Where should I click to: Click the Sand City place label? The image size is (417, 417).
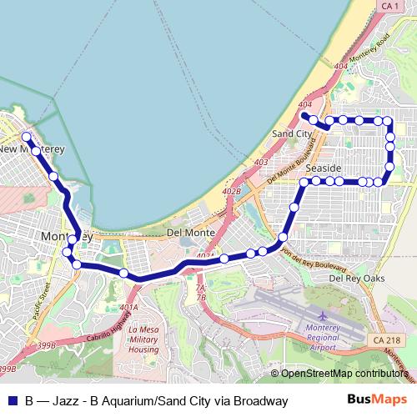pos(293,133)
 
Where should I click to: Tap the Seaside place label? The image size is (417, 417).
pos(323,168)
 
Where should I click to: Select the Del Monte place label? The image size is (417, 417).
pos(191,232)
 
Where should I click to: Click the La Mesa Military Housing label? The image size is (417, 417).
pos(143,339)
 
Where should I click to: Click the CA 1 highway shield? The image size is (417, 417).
pos(389,7)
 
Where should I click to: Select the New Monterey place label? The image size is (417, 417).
pos(32,148)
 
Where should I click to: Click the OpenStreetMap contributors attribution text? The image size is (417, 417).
pos(344,374)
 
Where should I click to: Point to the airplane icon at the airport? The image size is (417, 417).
pos(324,317)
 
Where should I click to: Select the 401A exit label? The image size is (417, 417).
pos(128,307)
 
